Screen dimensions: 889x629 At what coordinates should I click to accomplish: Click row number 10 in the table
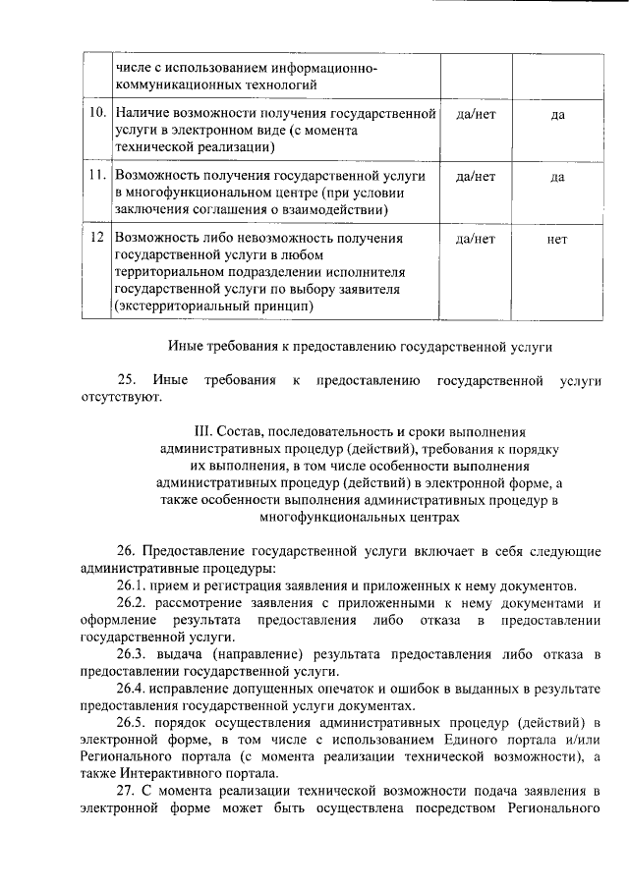(97, 115)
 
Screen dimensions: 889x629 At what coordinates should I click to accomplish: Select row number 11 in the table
(97, 176)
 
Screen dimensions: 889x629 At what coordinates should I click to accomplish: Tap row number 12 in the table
(97, 239)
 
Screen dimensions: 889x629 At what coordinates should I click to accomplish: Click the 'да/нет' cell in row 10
(477, 115)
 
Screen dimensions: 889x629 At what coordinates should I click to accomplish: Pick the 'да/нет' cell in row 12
(477, 239)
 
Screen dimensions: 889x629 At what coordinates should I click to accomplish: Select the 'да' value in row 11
(557, 177)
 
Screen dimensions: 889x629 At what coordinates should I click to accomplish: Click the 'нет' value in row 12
(557, 239)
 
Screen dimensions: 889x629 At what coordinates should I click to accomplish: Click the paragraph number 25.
(126, 379)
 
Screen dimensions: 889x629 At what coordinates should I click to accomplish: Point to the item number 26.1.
(132, 585)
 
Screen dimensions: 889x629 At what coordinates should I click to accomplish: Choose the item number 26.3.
(132, 654)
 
